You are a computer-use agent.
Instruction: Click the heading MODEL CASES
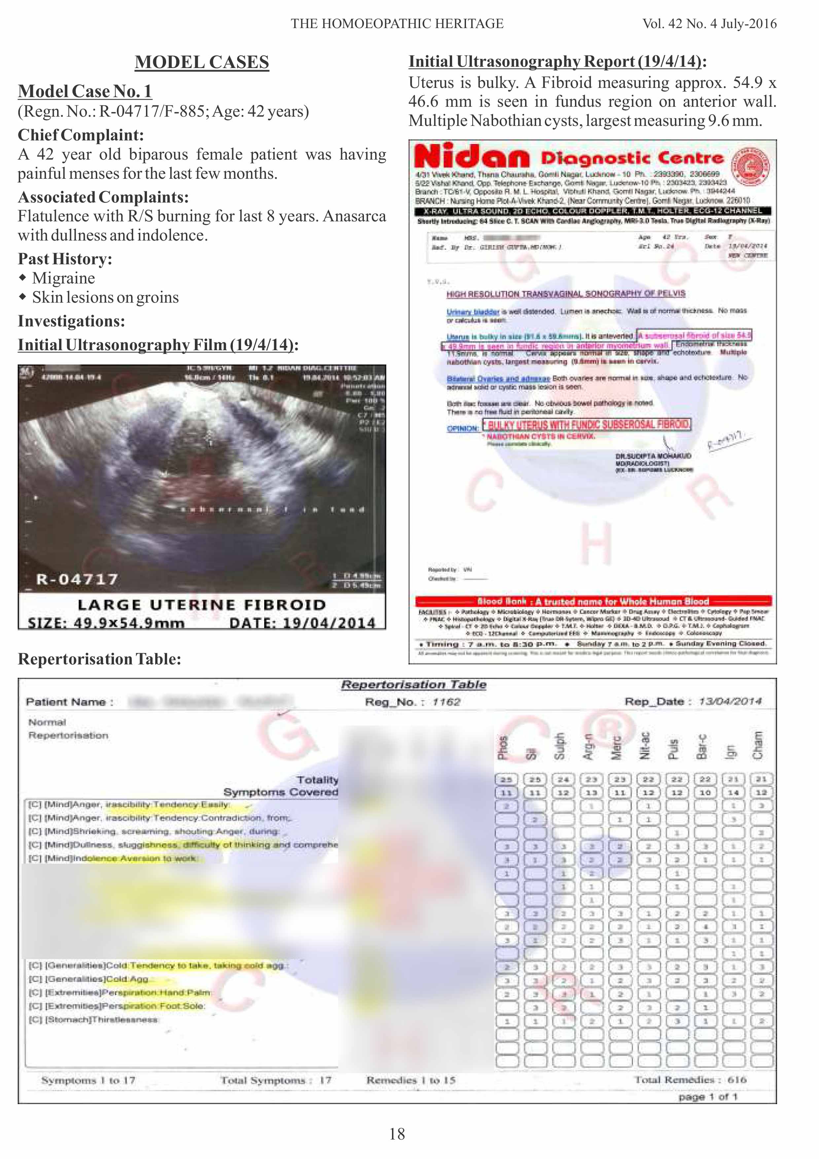[202, 62]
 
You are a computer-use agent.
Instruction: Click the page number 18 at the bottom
[397, 1134]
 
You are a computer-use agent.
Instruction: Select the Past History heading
[65, 259]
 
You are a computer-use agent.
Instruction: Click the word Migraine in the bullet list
[64, 278]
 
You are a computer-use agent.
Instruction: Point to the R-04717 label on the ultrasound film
[77, 579]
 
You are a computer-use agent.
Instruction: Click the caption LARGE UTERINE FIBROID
[201, 605]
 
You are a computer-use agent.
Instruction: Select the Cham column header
[758, 746]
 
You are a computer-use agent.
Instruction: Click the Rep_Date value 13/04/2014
[730, 701]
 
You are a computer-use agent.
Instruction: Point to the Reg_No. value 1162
[446, 702]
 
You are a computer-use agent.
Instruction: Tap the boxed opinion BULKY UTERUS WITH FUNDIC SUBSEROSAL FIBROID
[587, 425]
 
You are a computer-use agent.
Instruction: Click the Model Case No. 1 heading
[85, 92]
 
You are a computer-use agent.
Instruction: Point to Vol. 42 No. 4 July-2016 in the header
[709, 24]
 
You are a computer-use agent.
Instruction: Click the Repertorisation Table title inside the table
[413, 685]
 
